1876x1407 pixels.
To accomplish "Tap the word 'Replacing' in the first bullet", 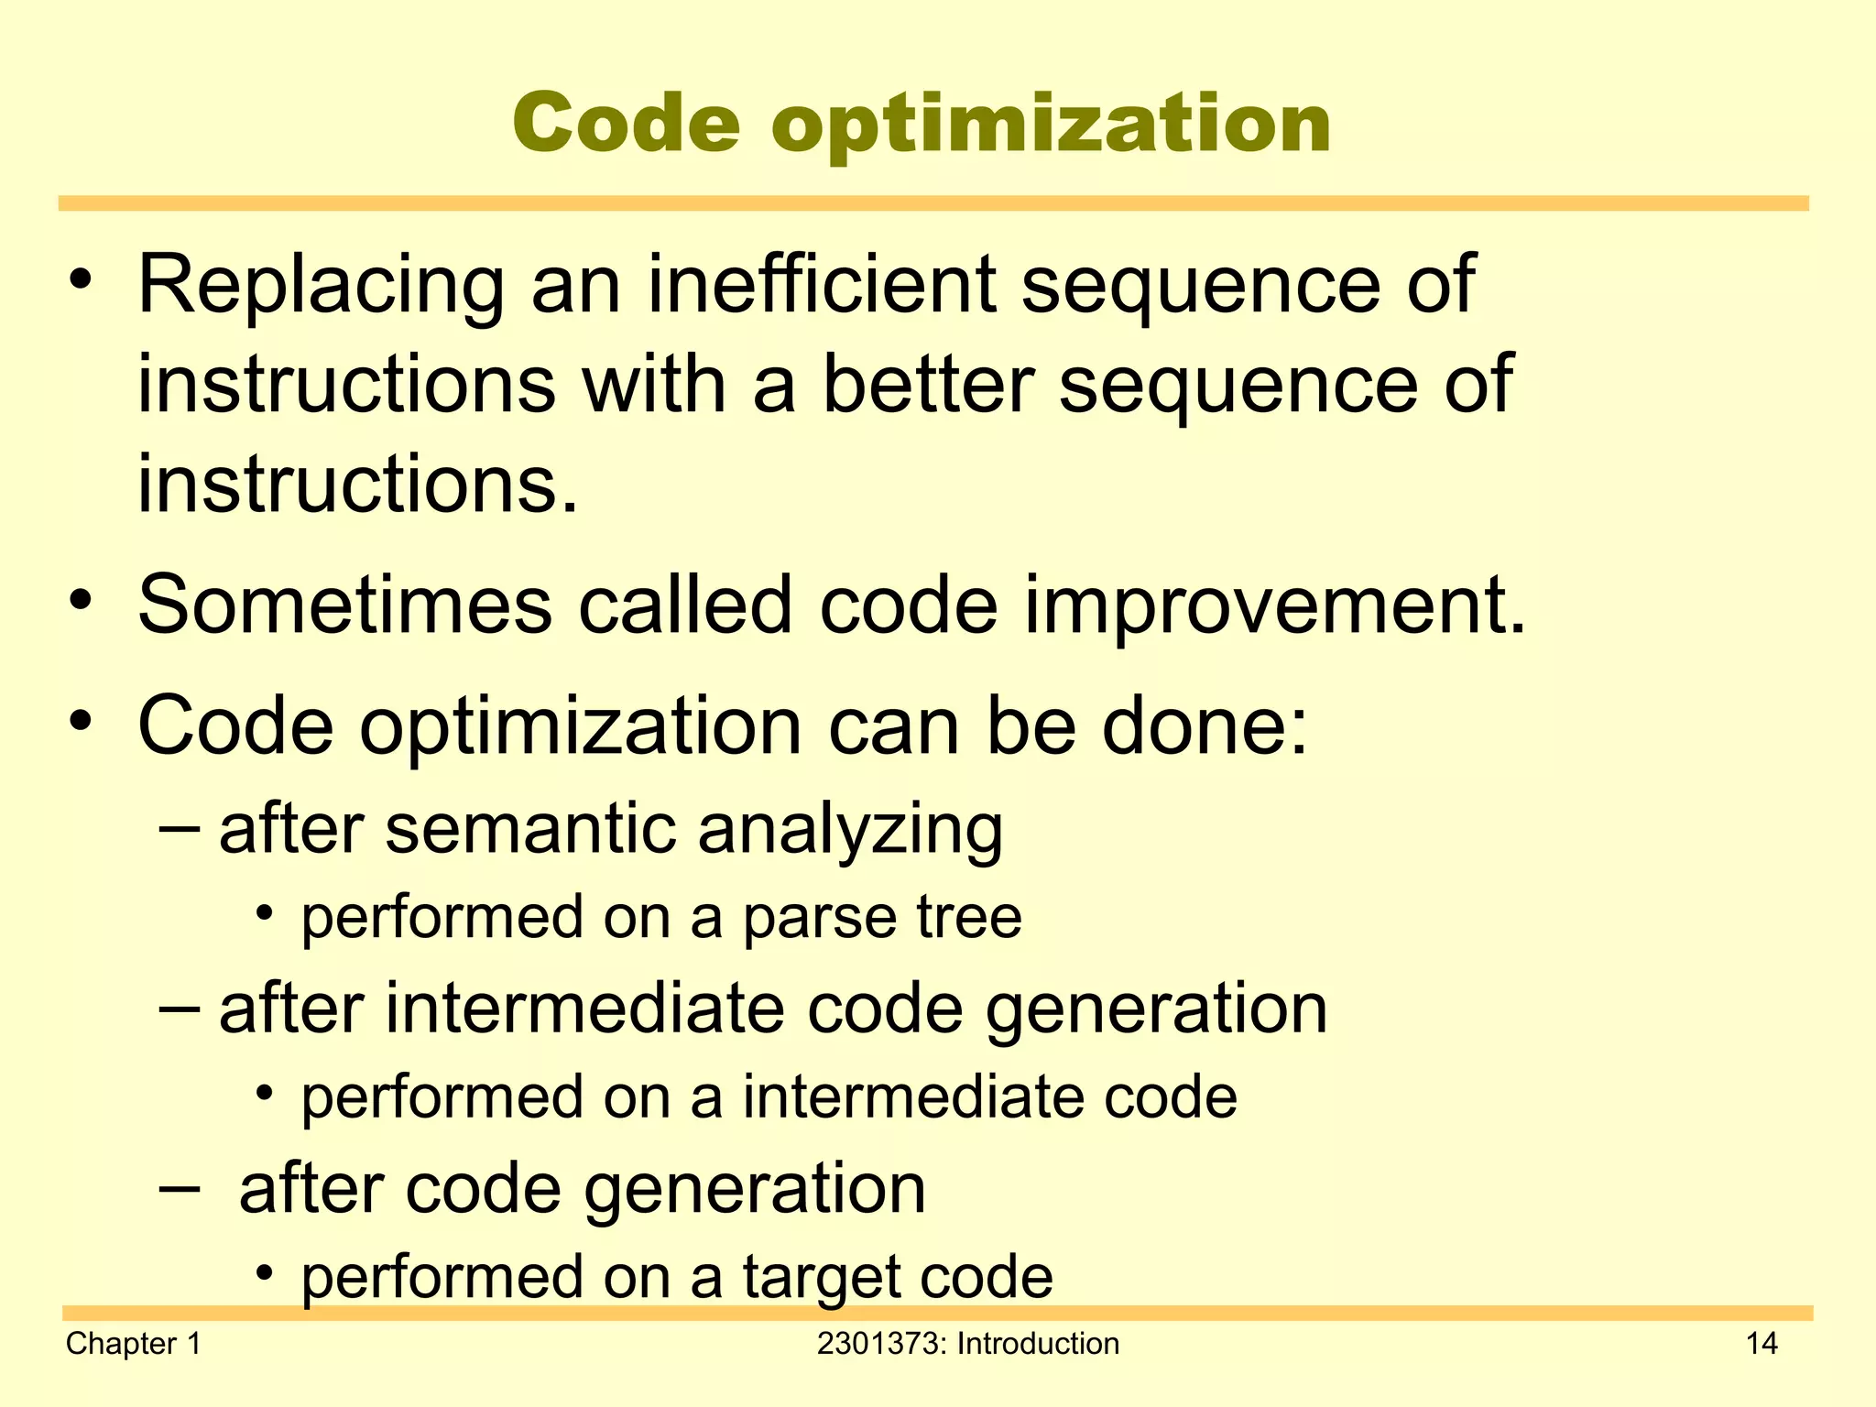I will click(x=321, y=286).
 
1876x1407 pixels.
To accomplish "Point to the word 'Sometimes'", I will click(x=345, y=605).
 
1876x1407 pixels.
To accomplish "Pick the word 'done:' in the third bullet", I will click(x=1205, y=725).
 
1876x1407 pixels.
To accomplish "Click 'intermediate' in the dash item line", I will click(x=584, y=1009).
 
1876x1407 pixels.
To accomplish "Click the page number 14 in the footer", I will click(x=1761, y=1344).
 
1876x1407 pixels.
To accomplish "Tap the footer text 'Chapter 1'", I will click(x=133, y=1344).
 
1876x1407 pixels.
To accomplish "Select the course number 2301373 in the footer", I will click(x=881, y=1344).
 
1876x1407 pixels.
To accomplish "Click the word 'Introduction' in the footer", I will click(x=1038, y=1344).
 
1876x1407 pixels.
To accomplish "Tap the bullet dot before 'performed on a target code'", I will click(x=265, y=1273).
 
